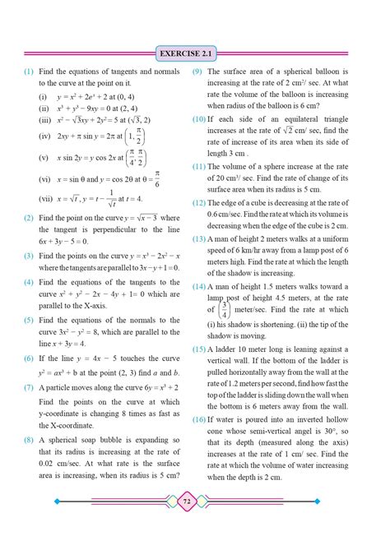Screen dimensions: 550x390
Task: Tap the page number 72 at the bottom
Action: tap(194, 521)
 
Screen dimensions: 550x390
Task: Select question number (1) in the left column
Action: tap(28, 72)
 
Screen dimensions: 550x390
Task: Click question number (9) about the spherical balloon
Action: tap(198, 72)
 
